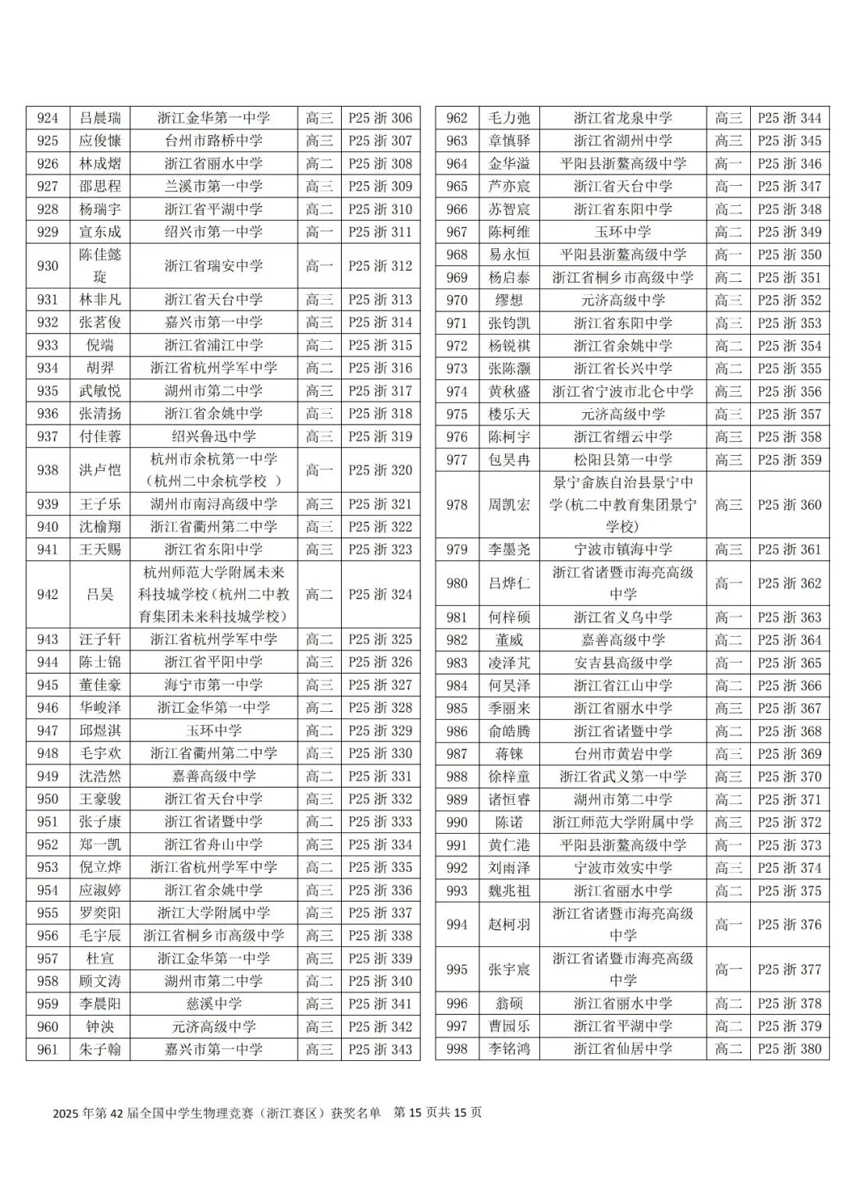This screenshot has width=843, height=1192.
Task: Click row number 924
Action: [x=48, y=118]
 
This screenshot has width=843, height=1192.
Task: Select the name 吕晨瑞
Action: [x=100, y=118]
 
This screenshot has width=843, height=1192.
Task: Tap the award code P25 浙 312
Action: [x=380, y=265]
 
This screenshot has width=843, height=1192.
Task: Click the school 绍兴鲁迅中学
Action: [x=213, y=436]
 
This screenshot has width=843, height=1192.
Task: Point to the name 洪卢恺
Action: [x=100, y=470]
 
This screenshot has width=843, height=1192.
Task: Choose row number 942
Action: [x=48, y=594]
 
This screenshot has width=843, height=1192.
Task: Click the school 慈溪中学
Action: [x=213, y=1004]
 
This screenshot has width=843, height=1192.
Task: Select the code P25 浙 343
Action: [x=380, y=1049]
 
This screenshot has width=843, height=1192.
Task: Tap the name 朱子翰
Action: [x=100, y=1049]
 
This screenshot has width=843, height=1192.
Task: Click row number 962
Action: [x=457, y=118]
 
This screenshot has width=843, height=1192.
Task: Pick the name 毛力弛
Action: [x=509, y=118]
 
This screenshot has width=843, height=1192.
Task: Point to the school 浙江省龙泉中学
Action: [x=622, y=118]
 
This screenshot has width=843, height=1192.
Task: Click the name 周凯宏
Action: [x=509, y=504]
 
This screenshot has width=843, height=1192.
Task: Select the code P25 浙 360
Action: [x=789, y=504]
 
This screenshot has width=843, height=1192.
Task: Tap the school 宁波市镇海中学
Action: [x=622, y=550]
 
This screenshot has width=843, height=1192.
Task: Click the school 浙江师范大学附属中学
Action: [x=622, y=822]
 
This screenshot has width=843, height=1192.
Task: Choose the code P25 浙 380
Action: [x=789, y=1048]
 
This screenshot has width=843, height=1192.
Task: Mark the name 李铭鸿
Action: [x=509, y=1048]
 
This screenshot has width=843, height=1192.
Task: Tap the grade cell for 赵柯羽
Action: [x=728, y=924]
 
